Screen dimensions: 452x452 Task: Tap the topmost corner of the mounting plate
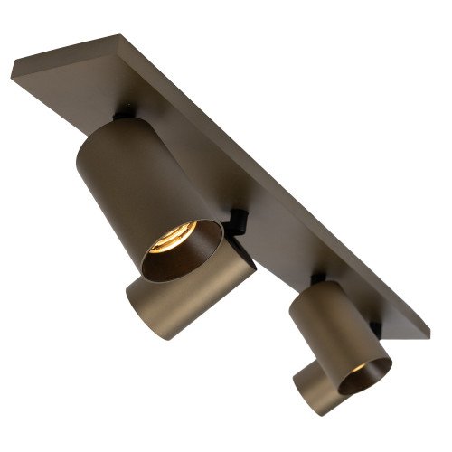pyautogui.click(x=118, y=36)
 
